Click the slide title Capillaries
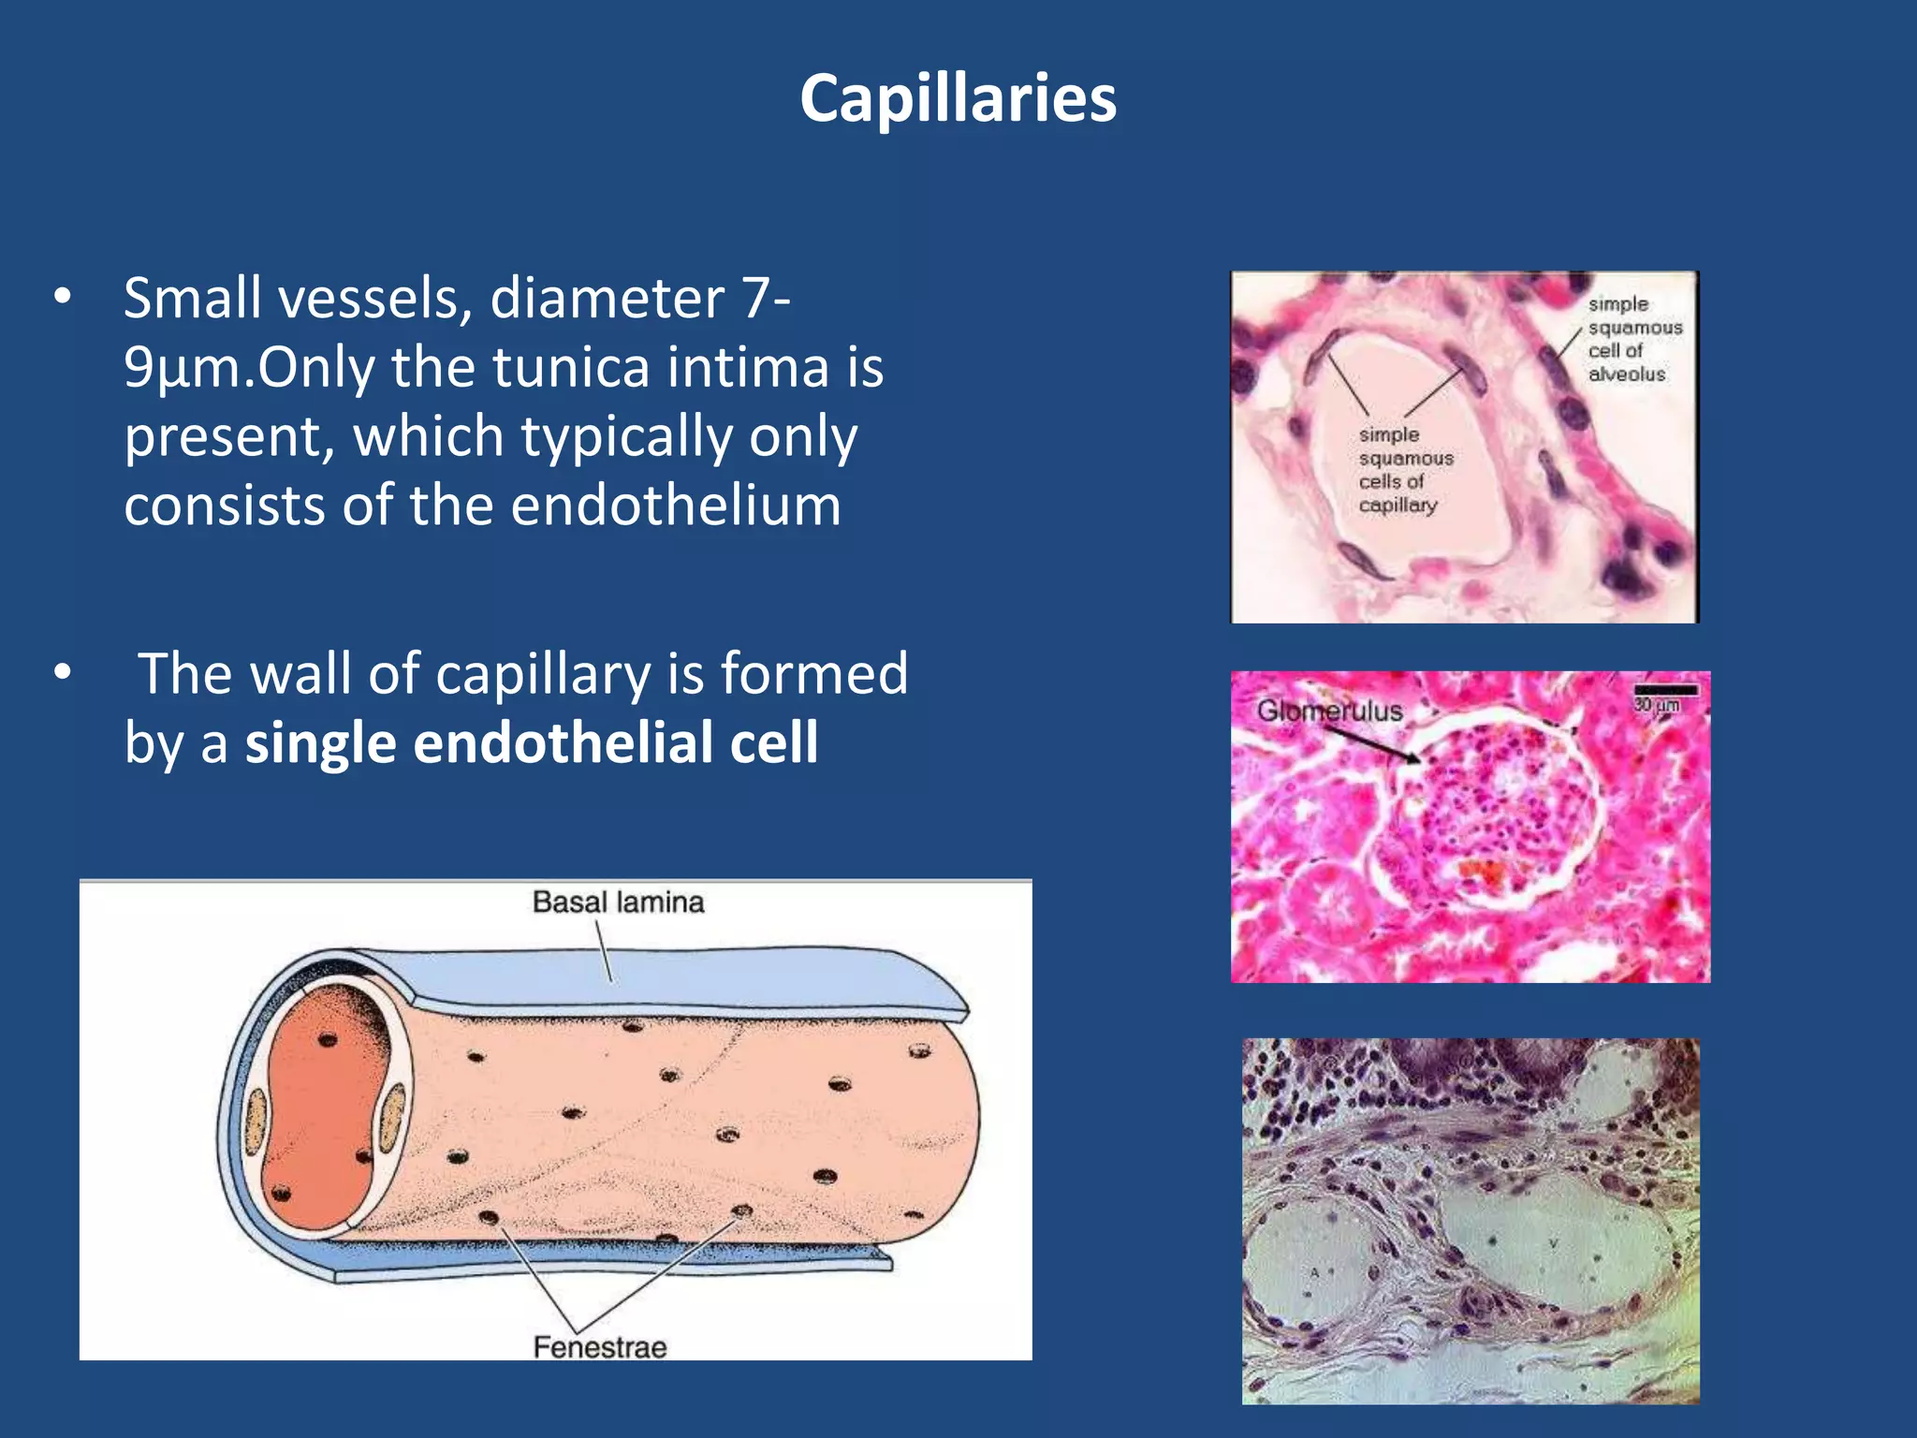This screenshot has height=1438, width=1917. coord(958,98)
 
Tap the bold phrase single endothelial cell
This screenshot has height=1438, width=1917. coord(532,743)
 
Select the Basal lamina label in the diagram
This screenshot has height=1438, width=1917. coord(618,902)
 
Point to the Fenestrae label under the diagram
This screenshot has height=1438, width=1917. coord(600,1347)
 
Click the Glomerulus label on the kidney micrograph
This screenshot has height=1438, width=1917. coord(1329,711)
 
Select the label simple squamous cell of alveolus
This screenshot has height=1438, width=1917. coord(1633,339)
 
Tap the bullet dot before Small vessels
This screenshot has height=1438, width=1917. coord(63,297)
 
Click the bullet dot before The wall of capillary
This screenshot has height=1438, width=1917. coord(63,672)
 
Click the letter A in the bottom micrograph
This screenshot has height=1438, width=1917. coord(1315,1272)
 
